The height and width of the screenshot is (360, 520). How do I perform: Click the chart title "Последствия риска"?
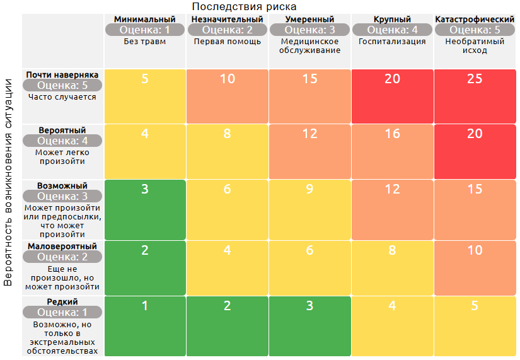(244, 7)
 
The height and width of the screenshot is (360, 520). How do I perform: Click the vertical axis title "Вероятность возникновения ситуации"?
(8, 182)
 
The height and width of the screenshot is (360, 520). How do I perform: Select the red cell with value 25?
(475, 96)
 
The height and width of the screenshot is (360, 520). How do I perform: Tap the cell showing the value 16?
(392, 151)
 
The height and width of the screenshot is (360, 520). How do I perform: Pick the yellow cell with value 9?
(309, 209)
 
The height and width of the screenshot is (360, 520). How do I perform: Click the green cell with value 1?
(145, 326)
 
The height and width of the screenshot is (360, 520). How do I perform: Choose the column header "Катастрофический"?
(475, 20)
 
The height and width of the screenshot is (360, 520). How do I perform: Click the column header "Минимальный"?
(145, 20)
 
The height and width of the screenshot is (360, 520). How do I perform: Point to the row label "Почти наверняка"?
(62, 74)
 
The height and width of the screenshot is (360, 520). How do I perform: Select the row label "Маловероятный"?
(62, 246)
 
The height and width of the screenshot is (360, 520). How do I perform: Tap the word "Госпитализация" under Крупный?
(392, 42)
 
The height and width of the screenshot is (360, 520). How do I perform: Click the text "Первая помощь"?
(227, 42)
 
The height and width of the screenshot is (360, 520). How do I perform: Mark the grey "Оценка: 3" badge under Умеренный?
(309, 30)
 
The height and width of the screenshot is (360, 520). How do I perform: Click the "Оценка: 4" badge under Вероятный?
(62, 141)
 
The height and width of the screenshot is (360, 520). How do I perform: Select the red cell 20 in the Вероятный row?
(475, 151)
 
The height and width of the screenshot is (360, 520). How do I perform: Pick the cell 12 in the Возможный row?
(392, 209)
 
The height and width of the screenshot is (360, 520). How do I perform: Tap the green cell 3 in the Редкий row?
(309, 326)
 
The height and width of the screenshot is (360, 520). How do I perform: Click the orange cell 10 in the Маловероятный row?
(475, 267)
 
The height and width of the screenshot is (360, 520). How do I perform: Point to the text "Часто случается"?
(62, 97)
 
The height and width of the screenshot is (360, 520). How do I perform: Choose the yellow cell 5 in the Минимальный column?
(145, 96)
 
